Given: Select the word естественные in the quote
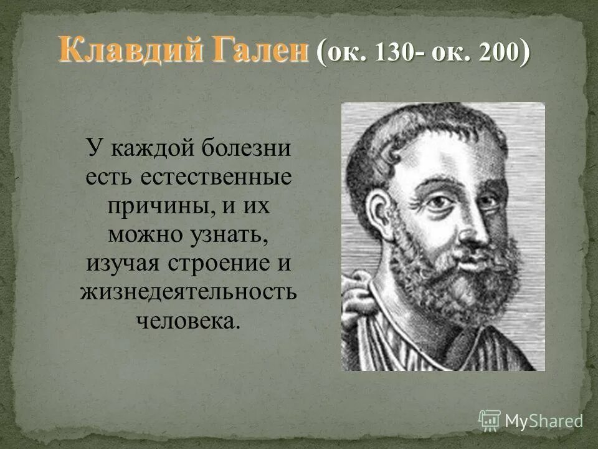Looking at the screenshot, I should pos(216,177).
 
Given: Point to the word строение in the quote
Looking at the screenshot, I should pos(215,263).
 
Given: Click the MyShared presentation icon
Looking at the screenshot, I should pos(489,420).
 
